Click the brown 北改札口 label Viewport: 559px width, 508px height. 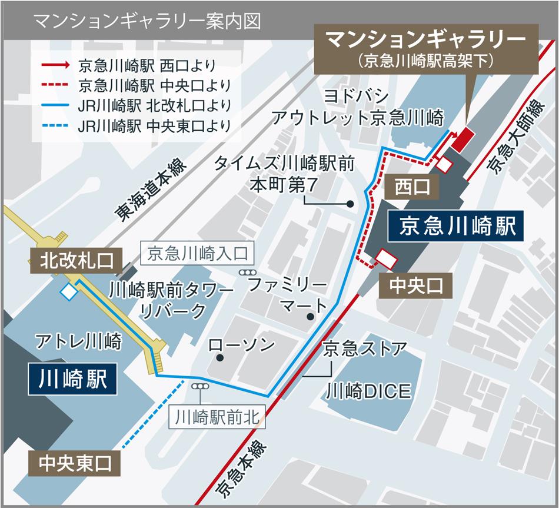pyautogui.click(x=76, y=260)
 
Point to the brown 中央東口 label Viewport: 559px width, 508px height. pyautogui.click(x=74, y=463)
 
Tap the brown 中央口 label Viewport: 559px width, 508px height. pyautogui.click(x=415, y=286)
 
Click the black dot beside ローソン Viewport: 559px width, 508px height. pyautogui.click(x=219, y=357)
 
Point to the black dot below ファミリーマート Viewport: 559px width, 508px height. pyautogui.click(x=310, y=317)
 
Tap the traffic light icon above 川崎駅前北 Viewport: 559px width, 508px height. pyautogui.click(x=200, y=386)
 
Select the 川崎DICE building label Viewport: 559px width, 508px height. pyautogui.click(x=363, y=390)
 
